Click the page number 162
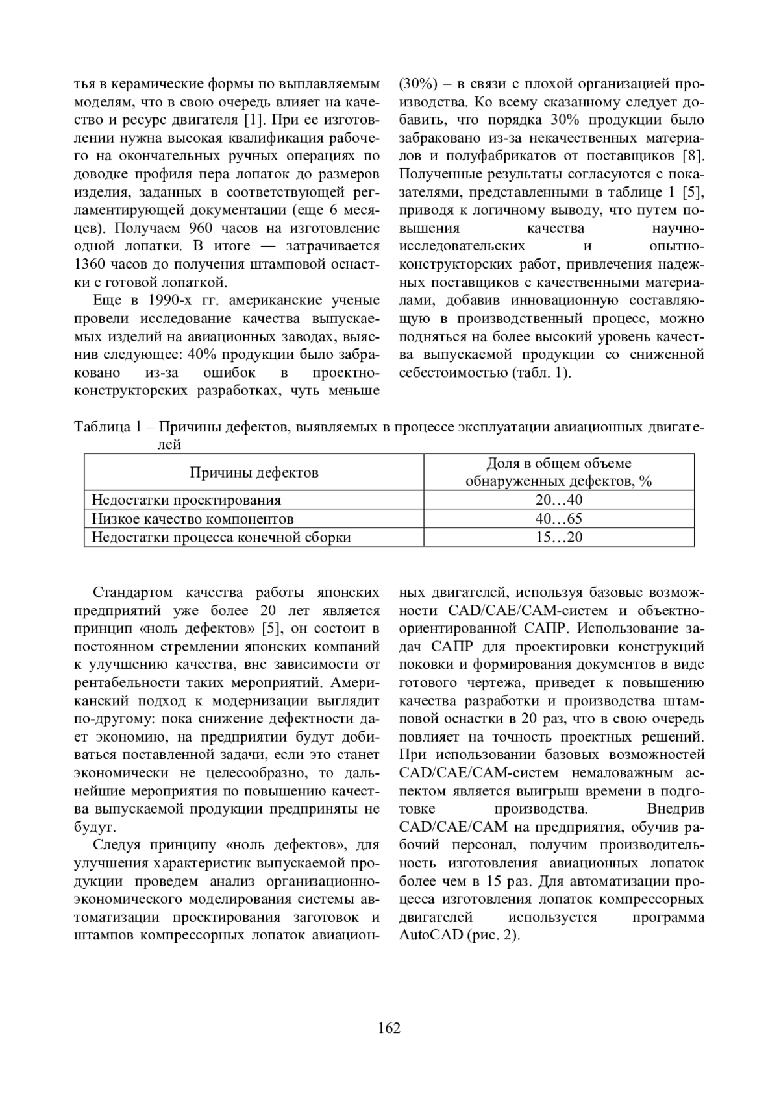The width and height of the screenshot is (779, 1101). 389,1028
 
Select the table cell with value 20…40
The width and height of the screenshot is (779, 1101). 559,500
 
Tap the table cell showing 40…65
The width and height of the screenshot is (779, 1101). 559,518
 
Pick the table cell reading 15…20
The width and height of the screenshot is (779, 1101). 559,537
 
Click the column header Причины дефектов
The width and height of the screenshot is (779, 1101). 254,472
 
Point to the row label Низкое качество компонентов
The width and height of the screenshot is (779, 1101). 193,518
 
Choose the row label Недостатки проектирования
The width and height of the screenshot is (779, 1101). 186,500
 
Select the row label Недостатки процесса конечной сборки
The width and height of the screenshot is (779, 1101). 221,537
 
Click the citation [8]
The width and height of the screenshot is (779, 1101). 693,156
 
